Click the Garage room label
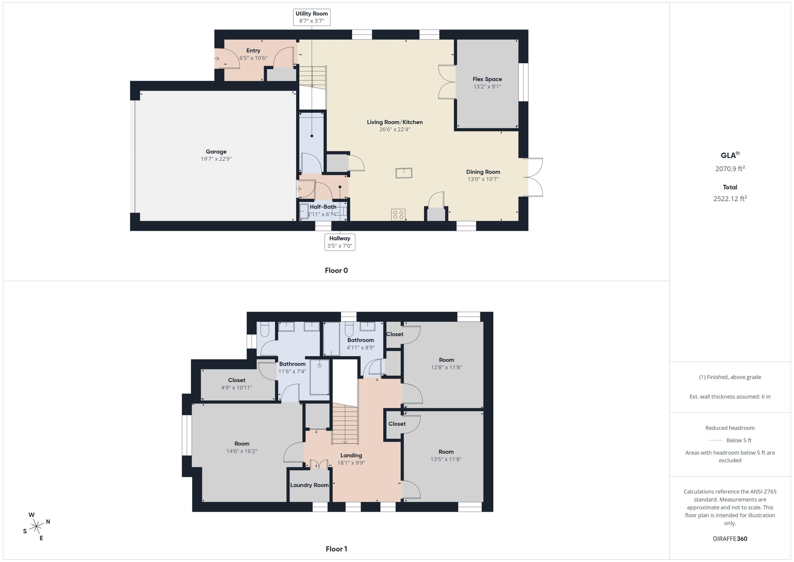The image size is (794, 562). click(x=216, y=151)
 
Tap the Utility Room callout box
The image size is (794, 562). click(x=312, y=17)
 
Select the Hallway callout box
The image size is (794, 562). click(x=340, y=242)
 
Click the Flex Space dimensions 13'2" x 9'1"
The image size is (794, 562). click(x=487, y=87)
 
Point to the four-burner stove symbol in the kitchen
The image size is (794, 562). click(x=398, y=215)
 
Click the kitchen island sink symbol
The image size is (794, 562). click(x=404, y=173)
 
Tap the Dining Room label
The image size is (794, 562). click(x=483, y=172)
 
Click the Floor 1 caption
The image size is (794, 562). click(x=336, y=549)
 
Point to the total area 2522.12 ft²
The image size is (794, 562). click(x=730, y=199)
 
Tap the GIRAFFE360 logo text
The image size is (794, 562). click(x=730, y=539)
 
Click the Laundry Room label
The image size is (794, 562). click(x=309, y=485)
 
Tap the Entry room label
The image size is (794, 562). click(x=253, y=51)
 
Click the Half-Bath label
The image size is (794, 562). click(x=323, y=207)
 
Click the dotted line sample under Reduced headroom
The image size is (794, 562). click(x=715, y=440)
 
